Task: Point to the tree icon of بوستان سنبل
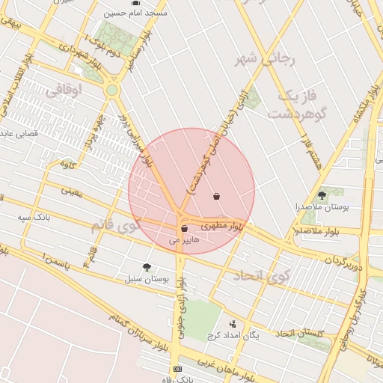pos(147,266)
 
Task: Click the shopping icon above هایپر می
pos(184,228)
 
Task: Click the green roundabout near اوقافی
pos(112,91)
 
